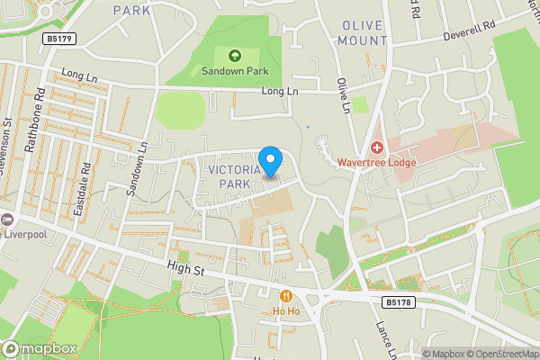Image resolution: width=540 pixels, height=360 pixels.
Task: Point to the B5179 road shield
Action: [58, 39]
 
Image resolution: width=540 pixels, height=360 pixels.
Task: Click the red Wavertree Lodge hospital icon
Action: [376, 147]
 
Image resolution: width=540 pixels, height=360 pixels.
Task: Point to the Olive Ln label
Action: [344, 94]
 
